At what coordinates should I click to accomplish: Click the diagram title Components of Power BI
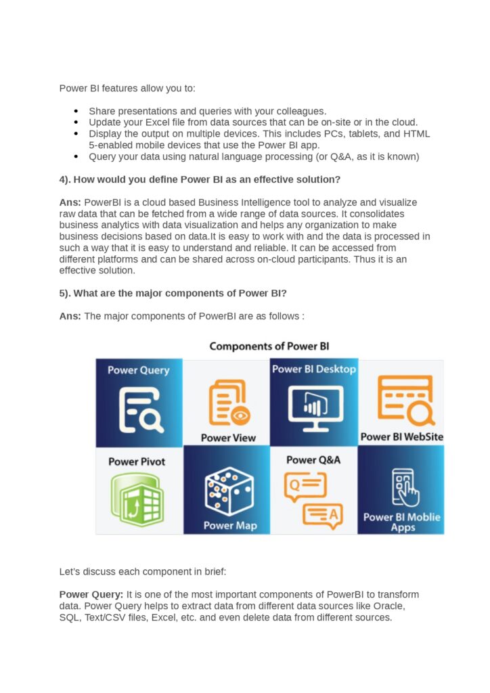tap(269, 346)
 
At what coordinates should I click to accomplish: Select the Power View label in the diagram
tap(228, 438)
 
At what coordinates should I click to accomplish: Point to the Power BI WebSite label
tap(401, 437)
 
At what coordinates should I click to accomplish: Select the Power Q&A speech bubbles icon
tap(313, 500)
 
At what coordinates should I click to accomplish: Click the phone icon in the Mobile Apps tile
tap(401, 487)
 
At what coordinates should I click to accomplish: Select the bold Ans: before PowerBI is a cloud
tap(70, 202)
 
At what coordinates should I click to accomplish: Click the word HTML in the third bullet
tap(417, 134)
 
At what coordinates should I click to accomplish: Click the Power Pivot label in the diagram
tap(137, 462)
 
